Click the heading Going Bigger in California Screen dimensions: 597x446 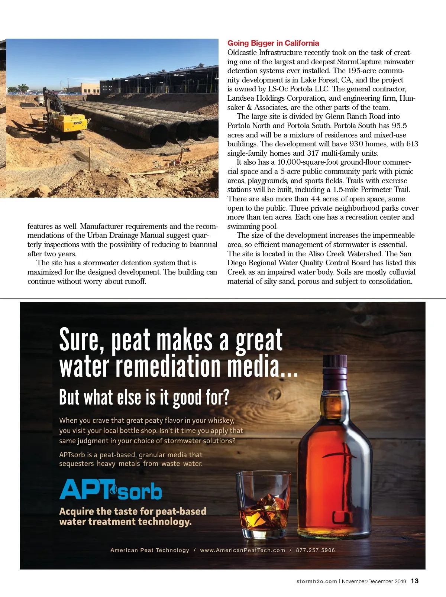click(x=273, y=43)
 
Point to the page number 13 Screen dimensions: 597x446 click(x=415, y=581)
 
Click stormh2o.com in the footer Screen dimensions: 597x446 click(x=316, y=581)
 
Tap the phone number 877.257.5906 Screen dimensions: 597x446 click(x=315, y=550)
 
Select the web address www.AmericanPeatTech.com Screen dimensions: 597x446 click(x=242, y=550)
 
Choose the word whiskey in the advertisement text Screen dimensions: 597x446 click(x=220, y=421)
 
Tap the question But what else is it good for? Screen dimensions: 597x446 click(x=144, y=398)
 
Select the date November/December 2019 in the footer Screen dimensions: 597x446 click(x=374, y=581)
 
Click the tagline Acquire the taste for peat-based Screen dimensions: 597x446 click(x=133, y=511)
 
